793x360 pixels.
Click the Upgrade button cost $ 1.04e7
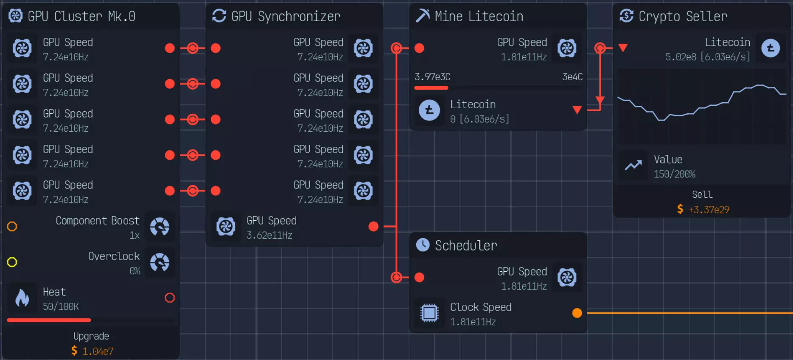pyautogui.click(x=91, y=343)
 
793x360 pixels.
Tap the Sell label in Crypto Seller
pyautogui.click(x=702, y=194)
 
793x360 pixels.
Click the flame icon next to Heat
pyautogui.click(x=22, y=298)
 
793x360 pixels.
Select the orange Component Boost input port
pyautogui.click(x=12, y=226)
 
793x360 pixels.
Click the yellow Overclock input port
pyautogui.click(x=12, y=262)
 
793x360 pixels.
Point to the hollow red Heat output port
pyautogui.click(x=170, y=298)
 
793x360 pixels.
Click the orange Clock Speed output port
pyautogui.click(x=577, y=313)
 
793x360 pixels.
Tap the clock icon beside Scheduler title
pyautogui.click(x=423, y=245)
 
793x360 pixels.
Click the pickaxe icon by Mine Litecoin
pyautogui.click(x=423, y=16)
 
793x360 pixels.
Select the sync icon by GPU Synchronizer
pyautogui.click(x=219, y=16)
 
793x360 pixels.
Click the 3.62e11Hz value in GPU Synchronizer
pyautogui.click(x=269, y=235)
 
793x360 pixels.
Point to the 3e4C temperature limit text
pyautogui.click(x=572, y=77)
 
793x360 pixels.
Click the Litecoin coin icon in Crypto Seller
pyautogui.click(x=771, y=48)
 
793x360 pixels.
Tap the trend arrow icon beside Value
pyautogui.click(x=633, y=166)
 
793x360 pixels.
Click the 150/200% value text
pyautogui.click(x=674, y=174)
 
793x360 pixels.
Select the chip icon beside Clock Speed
pyautogui.click(x=429, y=313)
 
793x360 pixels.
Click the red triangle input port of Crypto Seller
pyautogui.click(x=623, y=48)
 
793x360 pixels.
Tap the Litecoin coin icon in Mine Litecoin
pyautogui.click(x=429, y=110)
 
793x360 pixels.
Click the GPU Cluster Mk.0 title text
pyautogui.click(x=81, y=16)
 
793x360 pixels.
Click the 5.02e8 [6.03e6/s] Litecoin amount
pyautogui.click(x=707, y=57)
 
